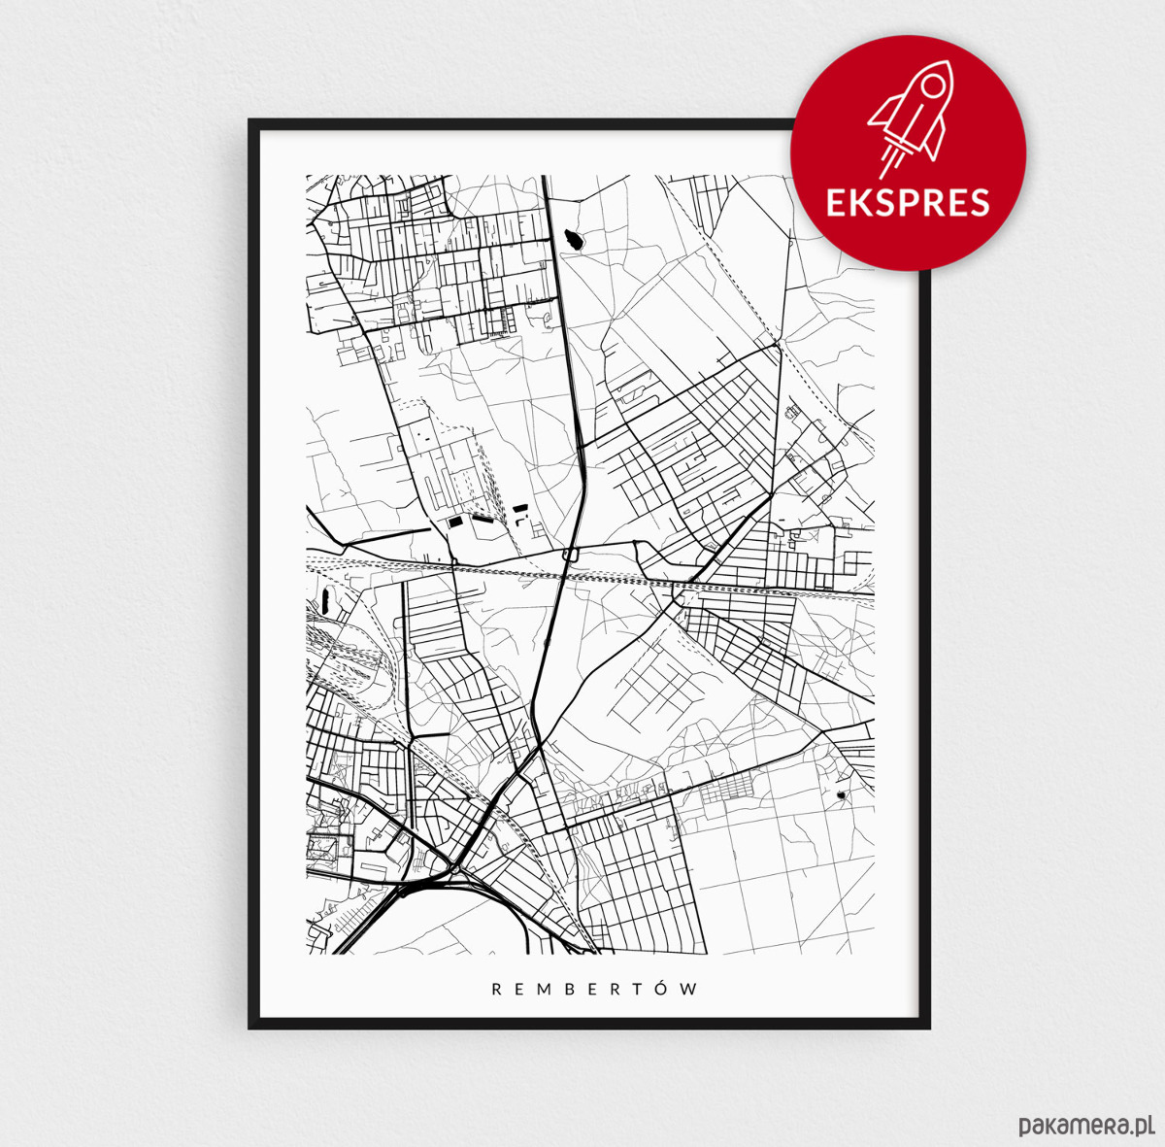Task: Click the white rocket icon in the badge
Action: tap(907, 122)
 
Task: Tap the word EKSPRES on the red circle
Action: tap(907, 203)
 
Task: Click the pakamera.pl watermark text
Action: tap(1085, 1126)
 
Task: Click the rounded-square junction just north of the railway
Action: tap(570, 555)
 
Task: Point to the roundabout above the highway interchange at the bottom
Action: tap(453, 867)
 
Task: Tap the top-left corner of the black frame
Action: tap(251, 122)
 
